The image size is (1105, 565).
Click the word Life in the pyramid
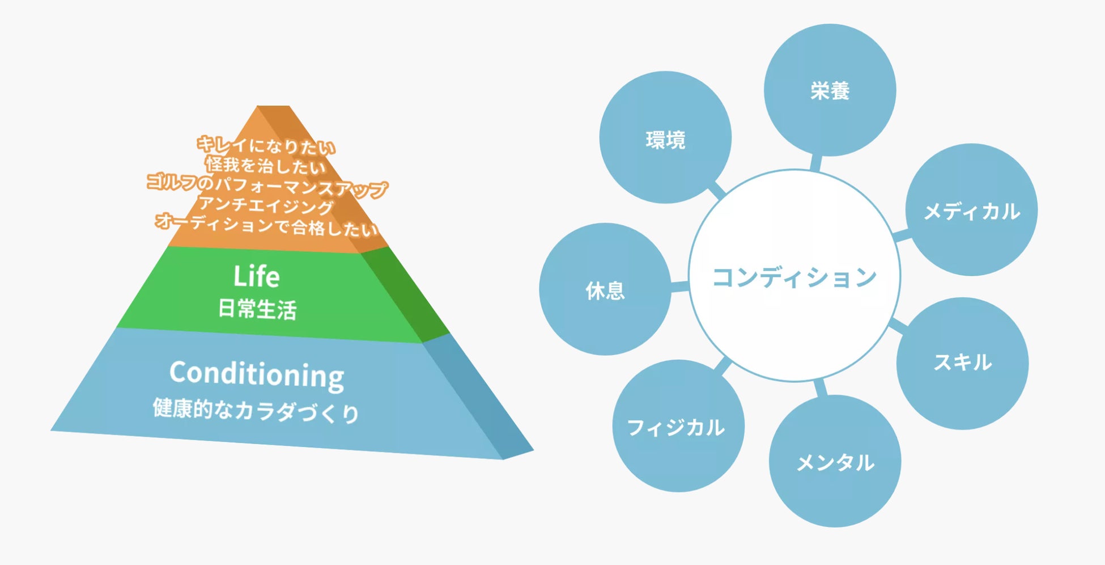pyautogui.click(x=257, y=277)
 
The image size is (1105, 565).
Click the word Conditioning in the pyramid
pyautogui.click(x=257, y=374)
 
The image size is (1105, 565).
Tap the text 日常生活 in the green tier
pyautogui.click(x=257, y=310)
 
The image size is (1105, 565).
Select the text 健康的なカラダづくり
pyautogui.click(x=256, y=410)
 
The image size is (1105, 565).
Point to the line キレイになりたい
pyautogui.click(x=266, y=146)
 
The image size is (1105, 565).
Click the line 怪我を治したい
pyautogui.click(x=266, y=166)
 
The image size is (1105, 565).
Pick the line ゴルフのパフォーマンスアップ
pyautogui.click(x=267, y=185)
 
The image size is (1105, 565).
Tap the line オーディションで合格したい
pyautogui.click(x=266, y=225)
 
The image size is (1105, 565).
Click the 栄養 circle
pyautogui.click(x=830, y=90)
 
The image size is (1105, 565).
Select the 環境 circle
pyautogui.click(x=665, y=138)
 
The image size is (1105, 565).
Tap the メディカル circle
pyautogui.click(x=971, y=210)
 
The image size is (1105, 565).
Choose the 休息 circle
pyautogui.click(x=605, y=290)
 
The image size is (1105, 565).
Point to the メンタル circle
pyautogui.click(x=835, y=462)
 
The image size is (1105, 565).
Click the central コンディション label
pyautogui.click(x=794, y=277)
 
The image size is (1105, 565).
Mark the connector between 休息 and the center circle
pyautogui.click(x=679, y=286)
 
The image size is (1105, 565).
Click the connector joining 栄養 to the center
pyautogui.click(x=815, y=162)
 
